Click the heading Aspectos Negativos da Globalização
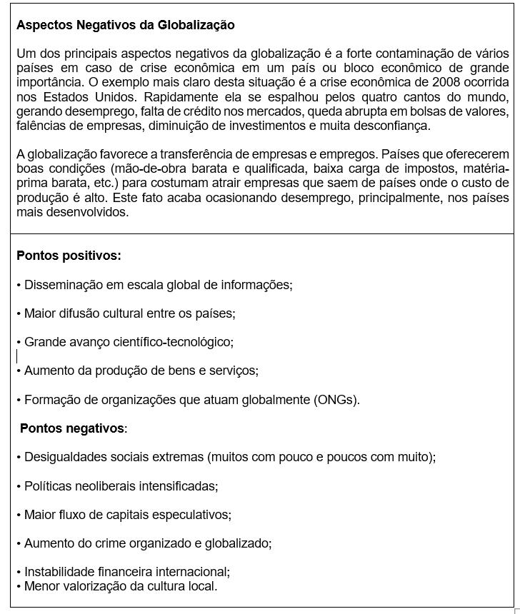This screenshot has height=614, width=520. click(125, 25)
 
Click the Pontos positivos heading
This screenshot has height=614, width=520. click(69, 255)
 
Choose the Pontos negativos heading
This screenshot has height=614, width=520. click(73, 428)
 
